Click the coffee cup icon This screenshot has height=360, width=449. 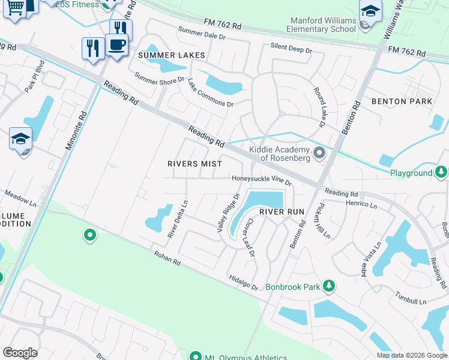(x=116, y=44)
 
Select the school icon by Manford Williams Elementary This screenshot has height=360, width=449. (x=370, y=11)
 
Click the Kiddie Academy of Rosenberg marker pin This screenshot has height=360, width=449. (x=319, y=153)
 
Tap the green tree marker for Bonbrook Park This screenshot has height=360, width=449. (x=328, y=285)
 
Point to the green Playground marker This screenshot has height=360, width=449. (x=442, y=173)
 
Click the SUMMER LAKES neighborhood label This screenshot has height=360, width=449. (x=172, y=55)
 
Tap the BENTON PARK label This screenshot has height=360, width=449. (x=402, y=101)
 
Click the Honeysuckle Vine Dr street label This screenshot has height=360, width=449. (x=262, y=179)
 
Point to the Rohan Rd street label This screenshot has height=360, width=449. (x=166, y=259)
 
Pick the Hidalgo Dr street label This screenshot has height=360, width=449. (x=243, y=280)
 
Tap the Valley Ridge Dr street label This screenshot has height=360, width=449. (x=228, y=213)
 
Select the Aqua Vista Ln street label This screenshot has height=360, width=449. (x=366, y=257)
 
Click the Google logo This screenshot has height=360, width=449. (x=20, y=353)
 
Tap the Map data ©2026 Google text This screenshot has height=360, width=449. (x=411, y=355)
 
